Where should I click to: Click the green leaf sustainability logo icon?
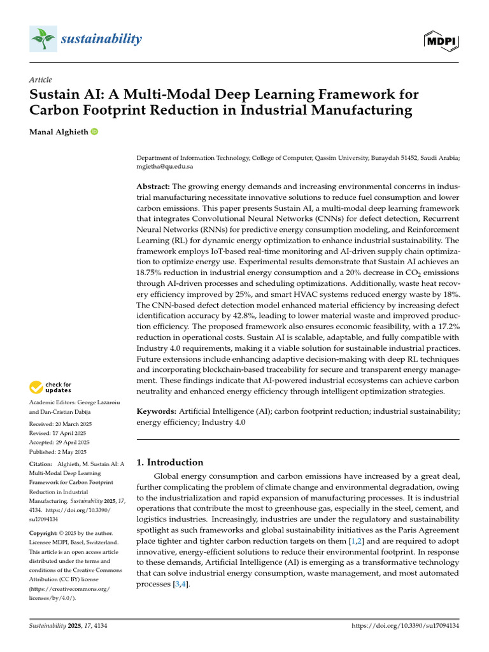click(x=42, y=39)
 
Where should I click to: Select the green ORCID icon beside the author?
click(x=95, y=131)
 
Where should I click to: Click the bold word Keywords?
click(x=157, y=412)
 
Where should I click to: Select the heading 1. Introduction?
click(x=170, y=462)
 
